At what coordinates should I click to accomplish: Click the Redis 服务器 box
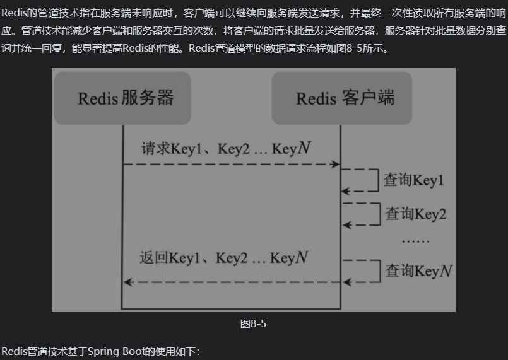point(122,98)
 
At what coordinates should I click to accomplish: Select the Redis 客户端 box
point(341,98)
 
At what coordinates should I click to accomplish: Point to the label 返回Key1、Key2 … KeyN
point(224,258)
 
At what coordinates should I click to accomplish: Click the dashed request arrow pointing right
point(231,164)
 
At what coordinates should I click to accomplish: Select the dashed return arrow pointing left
point(231,282)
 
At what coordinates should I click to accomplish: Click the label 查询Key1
point(415,180)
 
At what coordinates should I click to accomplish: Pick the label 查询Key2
point(416,214)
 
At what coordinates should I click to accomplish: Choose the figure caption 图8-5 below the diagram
point(254,324)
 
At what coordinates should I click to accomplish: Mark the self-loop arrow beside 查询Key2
point(362,214)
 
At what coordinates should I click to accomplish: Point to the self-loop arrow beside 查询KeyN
point(362,270)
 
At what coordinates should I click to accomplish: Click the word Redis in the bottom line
point(14,351)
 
